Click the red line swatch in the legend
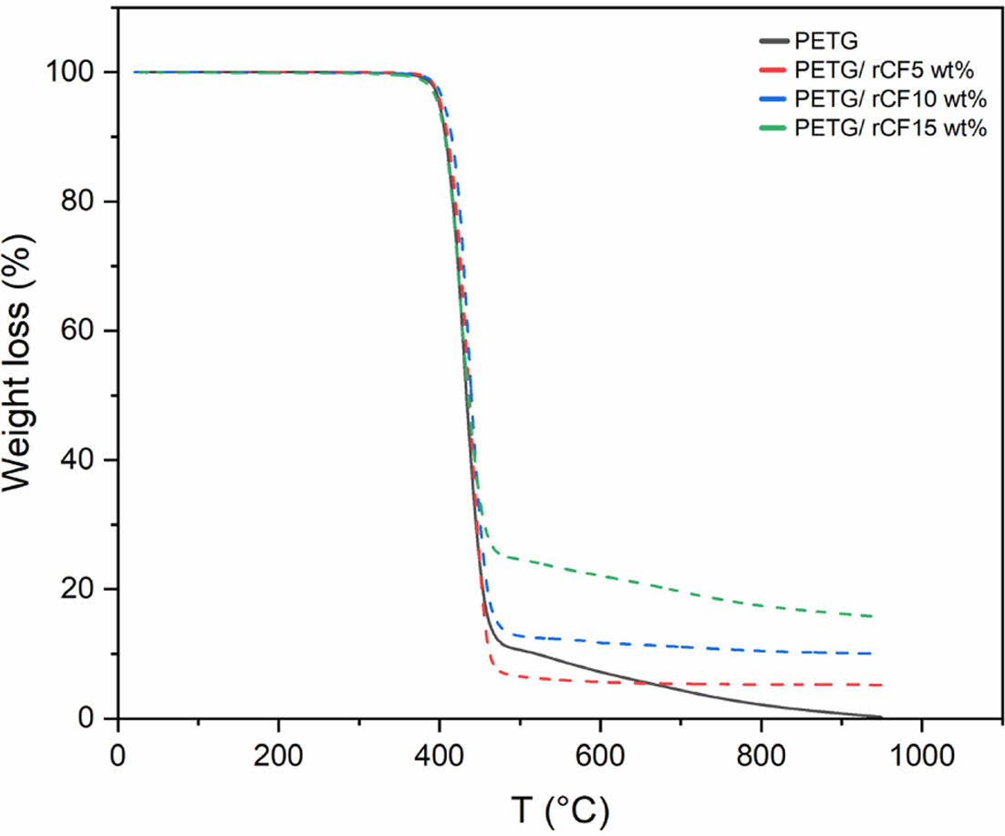773,70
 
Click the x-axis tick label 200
278,757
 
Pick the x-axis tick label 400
439,757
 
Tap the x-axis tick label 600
600,757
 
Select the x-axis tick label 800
761,757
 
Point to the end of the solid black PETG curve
881,717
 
